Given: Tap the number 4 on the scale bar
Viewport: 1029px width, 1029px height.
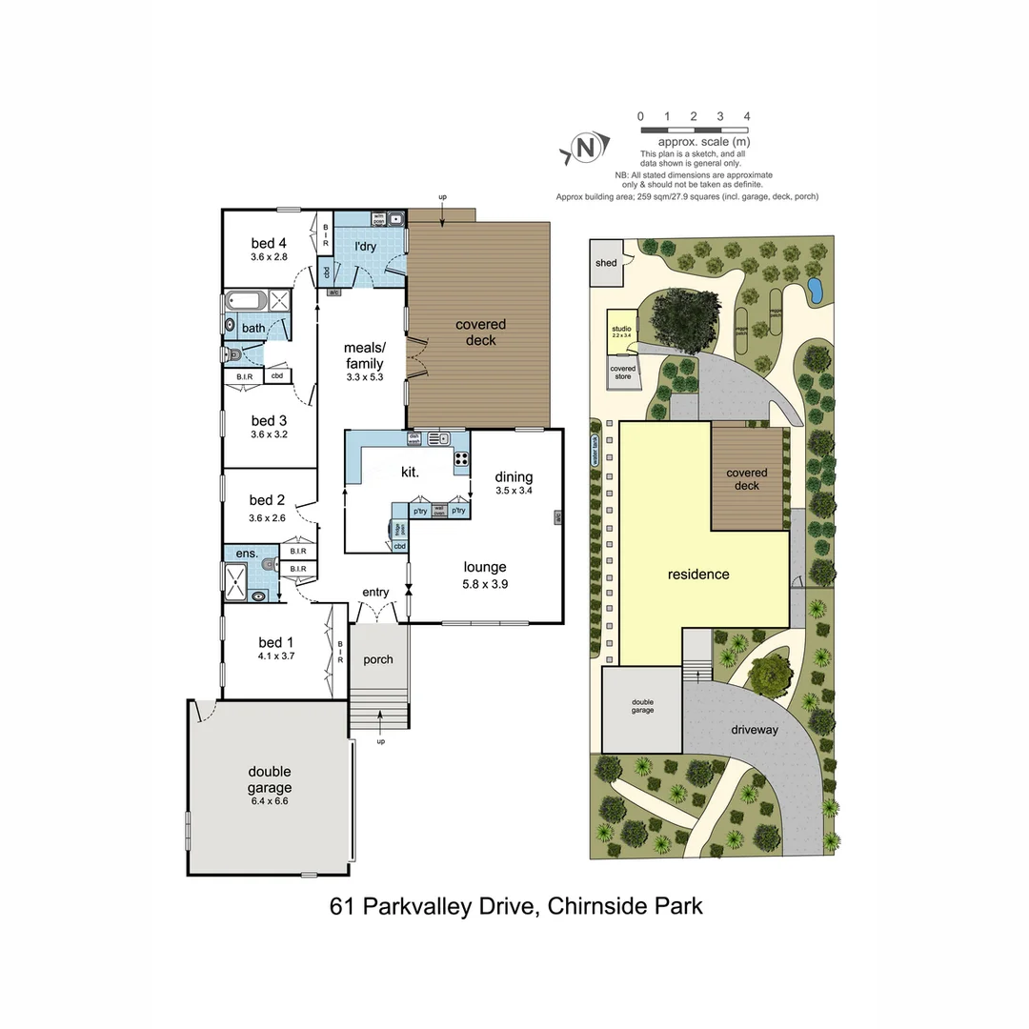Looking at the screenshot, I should pos(747,116).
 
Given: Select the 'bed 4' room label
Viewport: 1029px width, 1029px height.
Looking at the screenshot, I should pos(269,243).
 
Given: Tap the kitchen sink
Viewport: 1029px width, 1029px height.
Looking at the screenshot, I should pos(438,439).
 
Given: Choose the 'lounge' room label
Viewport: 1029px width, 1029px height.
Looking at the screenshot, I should pos(485,567).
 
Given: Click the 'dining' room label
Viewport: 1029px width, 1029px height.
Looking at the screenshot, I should pos(514,477).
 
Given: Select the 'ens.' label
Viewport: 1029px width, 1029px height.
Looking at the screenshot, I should pos(248,553).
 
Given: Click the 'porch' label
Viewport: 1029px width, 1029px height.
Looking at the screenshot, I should pos(378,659).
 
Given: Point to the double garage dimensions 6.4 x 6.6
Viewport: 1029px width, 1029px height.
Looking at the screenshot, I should pos(270,802).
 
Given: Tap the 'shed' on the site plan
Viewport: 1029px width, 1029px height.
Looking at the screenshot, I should pos(606,263).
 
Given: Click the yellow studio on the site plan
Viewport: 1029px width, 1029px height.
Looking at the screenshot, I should pos(622,333).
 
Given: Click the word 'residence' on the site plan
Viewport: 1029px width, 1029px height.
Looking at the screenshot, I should pos(698,574).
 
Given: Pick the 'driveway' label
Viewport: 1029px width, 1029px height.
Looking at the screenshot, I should pos(755,730).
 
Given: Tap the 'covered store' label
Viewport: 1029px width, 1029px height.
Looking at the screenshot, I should pos(623,372).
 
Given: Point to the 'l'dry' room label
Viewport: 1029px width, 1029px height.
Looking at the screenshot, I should pos(366,246).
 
